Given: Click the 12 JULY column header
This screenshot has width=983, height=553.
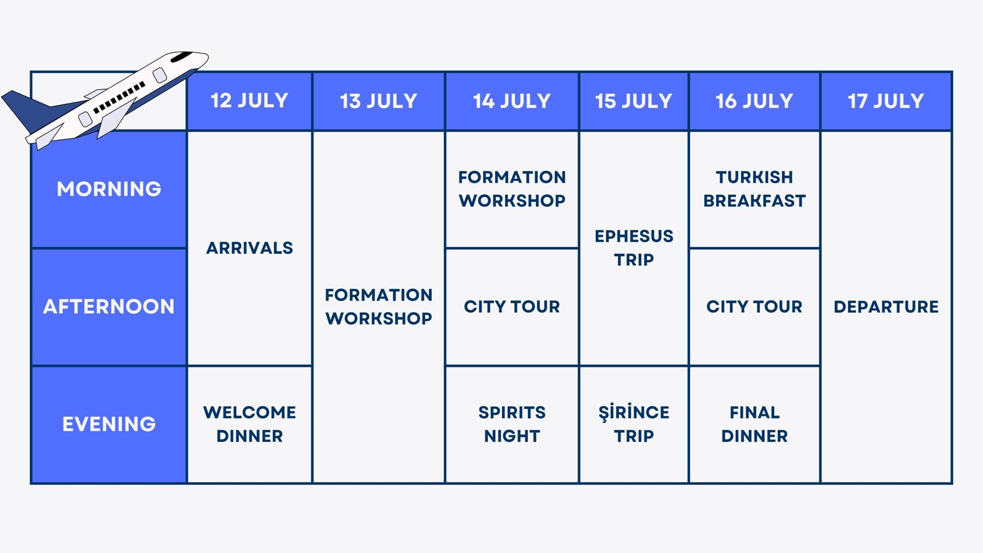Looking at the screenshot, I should (x=249, y=101).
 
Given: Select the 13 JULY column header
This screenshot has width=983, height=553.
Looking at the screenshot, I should (x=378, y=101).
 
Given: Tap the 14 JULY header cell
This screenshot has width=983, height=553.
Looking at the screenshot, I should (x=512, y=101).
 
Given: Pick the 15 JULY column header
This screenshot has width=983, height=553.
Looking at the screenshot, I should (x=633, y=101).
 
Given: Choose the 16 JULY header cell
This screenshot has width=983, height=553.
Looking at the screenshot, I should (x=754, y=101).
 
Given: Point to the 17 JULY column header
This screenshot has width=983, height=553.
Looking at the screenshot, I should (x=886, y=101).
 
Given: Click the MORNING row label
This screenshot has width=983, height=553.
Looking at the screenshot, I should (x=109, y=189).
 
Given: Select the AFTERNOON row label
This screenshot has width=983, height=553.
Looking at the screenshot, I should (x=109, y=307).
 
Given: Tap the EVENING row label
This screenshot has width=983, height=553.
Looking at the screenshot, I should (x=109, y=424).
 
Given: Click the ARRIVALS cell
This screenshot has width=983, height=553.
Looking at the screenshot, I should (x=249, y=248).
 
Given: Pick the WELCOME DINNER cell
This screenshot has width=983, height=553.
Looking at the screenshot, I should (x=249, y=424).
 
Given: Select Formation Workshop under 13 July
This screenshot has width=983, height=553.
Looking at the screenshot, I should (x=378, y=307).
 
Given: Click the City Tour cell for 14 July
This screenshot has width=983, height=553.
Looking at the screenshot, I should (x=512, y=307).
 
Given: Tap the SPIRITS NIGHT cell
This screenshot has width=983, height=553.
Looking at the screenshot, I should (x=512, y=424).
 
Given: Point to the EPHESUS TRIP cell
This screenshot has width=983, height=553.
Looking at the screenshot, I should (x=633, y=248).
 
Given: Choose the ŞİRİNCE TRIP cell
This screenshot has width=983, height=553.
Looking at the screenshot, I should (x=633, y=424).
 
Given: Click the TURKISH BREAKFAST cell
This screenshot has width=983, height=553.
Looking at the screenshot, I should (x=754, y=189).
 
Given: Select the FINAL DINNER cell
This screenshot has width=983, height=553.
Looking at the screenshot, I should (x=754, y=424).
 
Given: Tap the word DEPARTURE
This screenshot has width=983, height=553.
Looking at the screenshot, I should (x=886, y=307).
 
